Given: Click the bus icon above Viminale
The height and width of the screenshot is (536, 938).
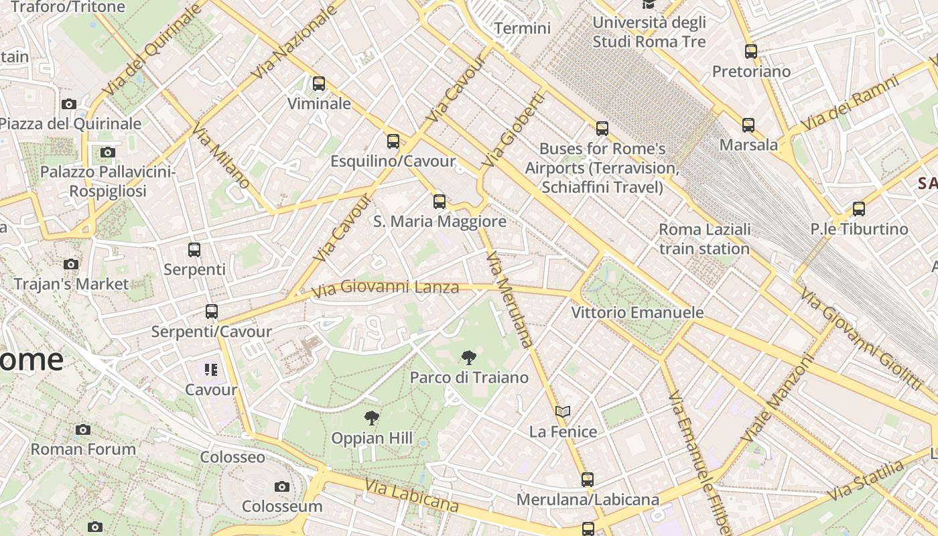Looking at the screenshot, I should coord(319,84).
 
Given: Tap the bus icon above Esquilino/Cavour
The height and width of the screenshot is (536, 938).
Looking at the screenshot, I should coord(393,141).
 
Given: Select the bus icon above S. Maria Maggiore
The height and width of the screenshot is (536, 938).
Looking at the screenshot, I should coord(440,201).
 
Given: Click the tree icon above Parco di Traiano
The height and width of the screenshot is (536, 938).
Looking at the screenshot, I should coord(469,358).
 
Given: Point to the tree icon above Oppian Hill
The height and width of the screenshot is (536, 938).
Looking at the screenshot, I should coord(372,419).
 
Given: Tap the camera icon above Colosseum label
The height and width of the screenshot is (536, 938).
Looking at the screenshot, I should coord(282,486).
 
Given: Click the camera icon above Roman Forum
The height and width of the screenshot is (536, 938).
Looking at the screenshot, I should coord(83,429).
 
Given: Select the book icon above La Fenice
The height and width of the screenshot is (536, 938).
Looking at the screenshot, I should coord(563,412).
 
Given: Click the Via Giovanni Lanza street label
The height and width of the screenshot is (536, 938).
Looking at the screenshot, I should coord(386,288).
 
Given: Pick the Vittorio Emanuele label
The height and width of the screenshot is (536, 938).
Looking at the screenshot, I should coord(637,312).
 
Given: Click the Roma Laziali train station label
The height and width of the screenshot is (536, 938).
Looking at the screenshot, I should coord(704,239).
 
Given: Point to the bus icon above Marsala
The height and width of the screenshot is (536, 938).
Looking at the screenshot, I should coord(748,125).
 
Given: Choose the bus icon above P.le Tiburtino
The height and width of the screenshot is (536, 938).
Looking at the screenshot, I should coord(859,209).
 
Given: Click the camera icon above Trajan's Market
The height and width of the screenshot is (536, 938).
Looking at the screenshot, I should coord(71,265).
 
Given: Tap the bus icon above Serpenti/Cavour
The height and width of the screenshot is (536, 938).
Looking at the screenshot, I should coord(212,312).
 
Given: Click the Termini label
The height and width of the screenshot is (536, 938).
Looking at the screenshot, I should coord(522,28).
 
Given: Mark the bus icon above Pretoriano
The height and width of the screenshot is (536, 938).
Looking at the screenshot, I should coord(751,52).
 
